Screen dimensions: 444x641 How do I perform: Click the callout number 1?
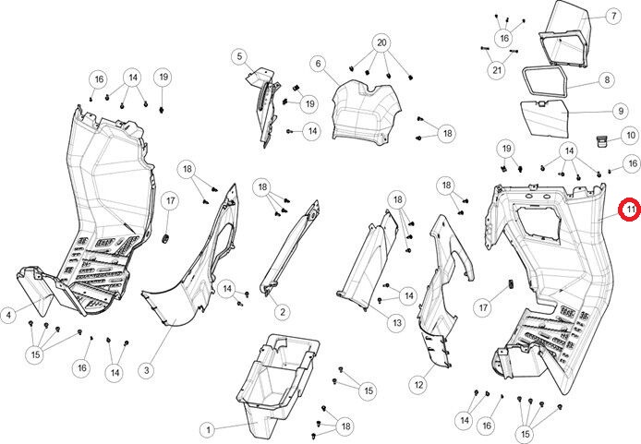tap(208, 429)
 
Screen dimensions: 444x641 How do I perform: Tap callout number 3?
tap(145, 370)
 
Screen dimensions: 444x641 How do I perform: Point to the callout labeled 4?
tap(8, 316)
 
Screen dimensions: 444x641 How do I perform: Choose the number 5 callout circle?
tap(239, 57)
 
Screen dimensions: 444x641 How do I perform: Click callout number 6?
tap(318, 64)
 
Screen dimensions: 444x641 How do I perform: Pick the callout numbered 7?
tap(612, 16)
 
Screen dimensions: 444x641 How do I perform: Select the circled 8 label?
tap(607, 80)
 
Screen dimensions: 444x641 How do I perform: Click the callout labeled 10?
tap(630, 136)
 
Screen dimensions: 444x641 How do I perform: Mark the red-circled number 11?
tap(629, 210)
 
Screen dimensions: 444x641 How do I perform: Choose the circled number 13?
tap(395, 323)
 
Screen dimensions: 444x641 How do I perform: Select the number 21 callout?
tap(497, 70)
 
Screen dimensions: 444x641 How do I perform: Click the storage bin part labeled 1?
tap(277, 378)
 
